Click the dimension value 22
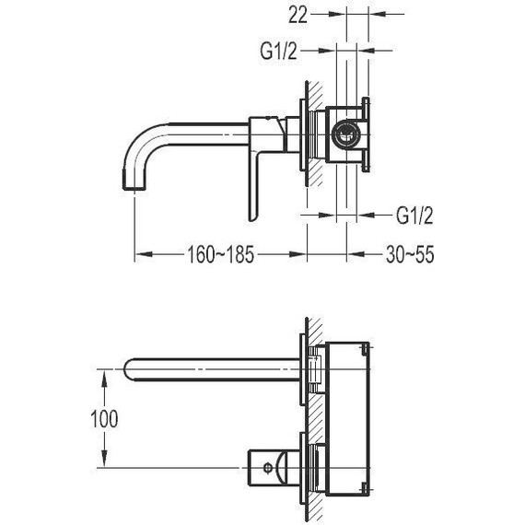[x=297, y=16]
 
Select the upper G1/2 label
[x=278, y=52]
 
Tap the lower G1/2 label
[x=414, y=216]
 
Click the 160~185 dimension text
[x=221, y=254]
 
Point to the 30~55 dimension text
[x=410, y=254]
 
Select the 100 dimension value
[x=104, y=418]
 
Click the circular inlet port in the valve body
[x=347, y=134]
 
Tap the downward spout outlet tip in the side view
[x=134, y=188]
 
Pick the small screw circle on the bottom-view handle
[x=267, y=468]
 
